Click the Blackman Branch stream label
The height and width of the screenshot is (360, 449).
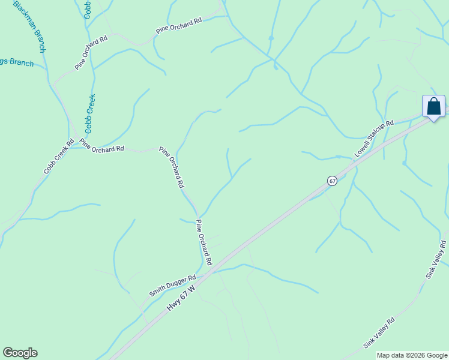point(29,27)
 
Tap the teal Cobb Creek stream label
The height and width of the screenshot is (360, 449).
point(91,113)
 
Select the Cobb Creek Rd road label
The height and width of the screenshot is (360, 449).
point(58,157)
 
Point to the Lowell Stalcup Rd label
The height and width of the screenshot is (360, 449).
point(373,139)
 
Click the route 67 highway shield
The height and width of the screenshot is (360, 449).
point(332,181)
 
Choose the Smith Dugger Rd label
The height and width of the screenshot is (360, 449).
point(173,286)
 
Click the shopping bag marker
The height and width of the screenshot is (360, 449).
point(433,107)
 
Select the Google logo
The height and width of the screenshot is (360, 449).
point(20,353)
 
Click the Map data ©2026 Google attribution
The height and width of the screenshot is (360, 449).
point(412,355)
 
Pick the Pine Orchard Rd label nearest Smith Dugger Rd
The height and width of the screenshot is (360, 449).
point(205,242)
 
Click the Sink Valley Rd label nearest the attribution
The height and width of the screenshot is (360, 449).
point(379,333)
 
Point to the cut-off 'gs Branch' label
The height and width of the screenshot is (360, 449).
point(17,62)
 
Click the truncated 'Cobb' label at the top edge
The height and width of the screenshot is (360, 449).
point(87,10)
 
